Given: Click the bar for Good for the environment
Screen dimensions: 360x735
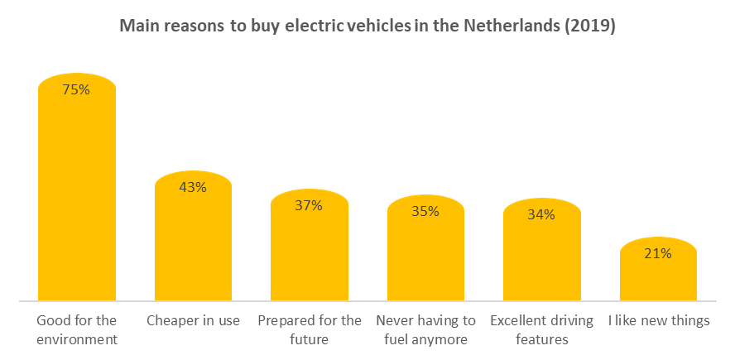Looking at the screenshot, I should pos(76,199).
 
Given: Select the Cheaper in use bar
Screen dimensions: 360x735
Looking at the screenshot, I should pos(193,244).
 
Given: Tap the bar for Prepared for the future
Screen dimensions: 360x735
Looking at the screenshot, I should pos(310,252).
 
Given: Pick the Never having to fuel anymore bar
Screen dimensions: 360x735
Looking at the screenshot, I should pos(425,255).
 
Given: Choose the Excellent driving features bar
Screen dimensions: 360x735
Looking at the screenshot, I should pos(542,257).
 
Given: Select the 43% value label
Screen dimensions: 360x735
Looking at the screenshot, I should pos(193,187).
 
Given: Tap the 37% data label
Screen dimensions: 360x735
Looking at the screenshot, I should pos(310,205).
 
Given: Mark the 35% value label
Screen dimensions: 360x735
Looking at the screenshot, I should pos(425,211).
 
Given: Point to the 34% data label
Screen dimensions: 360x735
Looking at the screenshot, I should pos(542,214).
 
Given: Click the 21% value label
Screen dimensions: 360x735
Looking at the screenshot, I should pos(658,253).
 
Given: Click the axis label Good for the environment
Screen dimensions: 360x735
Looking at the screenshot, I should pos(77,329).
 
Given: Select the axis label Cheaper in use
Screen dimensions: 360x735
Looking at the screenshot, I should pos(193,320).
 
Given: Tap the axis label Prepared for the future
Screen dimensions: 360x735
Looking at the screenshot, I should pos(310,329).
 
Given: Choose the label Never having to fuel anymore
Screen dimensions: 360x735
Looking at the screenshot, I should pos(425,329).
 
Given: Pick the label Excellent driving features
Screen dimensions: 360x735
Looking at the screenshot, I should pos(542,329).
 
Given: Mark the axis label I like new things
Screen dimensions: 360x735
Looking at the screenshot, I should pos(658,320).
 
